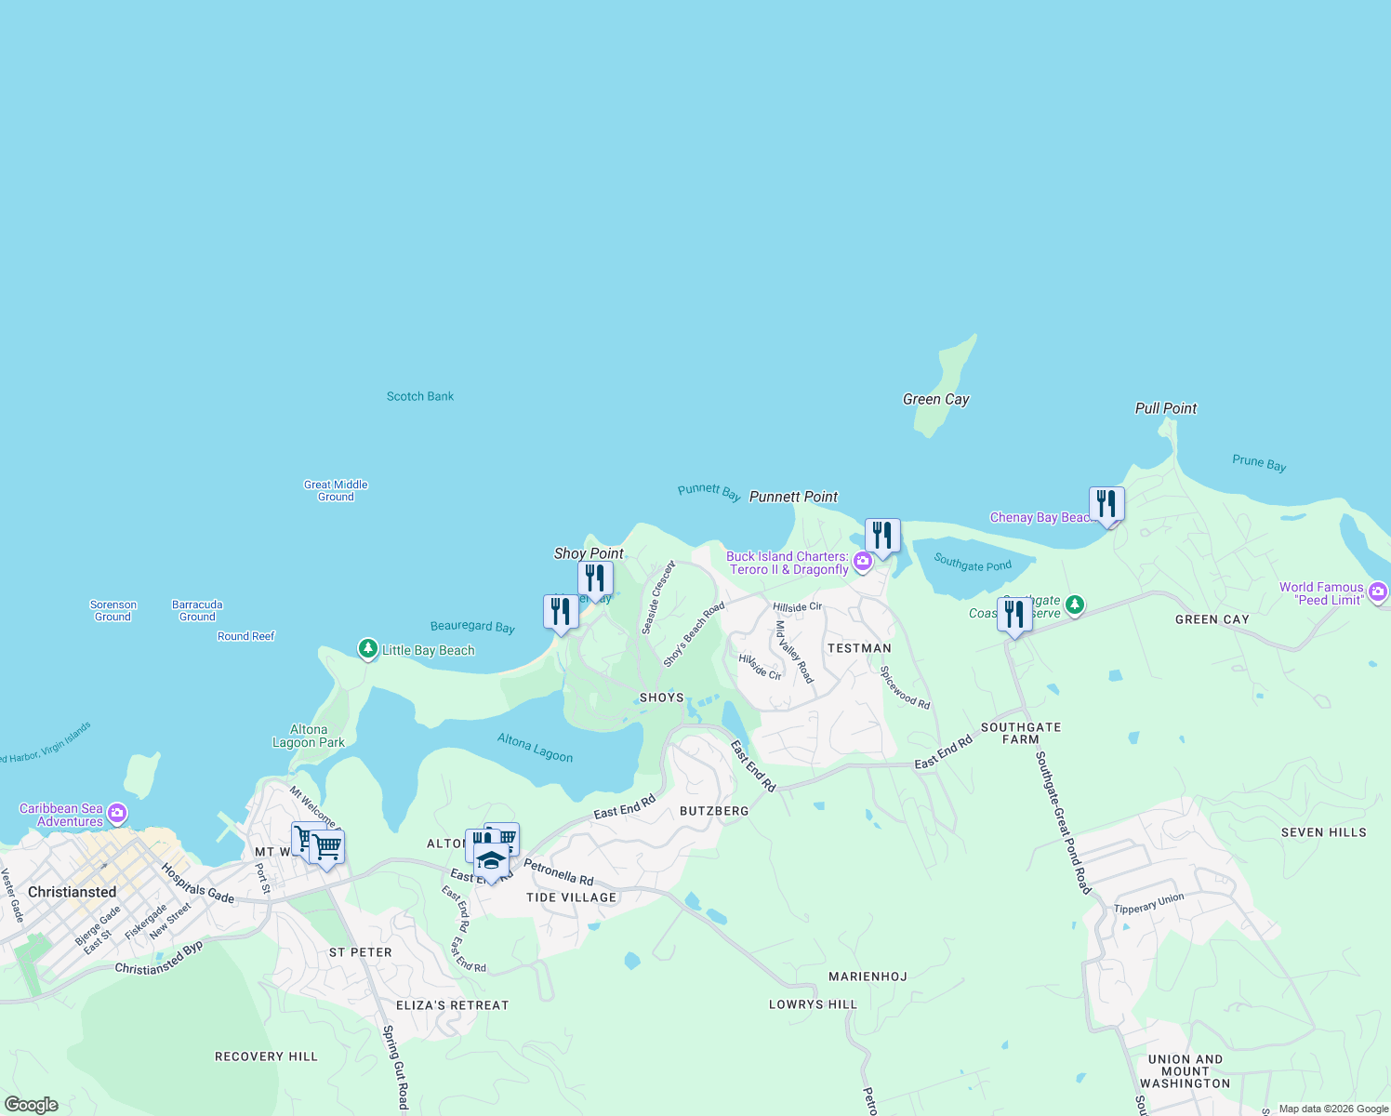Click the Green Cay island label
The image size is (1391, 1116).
(x=935, y=399)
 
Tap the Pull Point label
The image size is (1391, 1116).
(x=1166, y=408)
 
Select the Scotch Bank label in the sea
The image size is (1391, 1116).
(x=420, y=396)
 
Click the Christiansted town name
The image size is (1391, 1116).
(x=73, y=892)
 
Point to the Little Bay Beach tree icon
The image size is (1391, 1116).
(x=368, y=648)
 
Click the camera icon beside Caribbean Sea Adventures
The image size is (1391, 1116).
(x=117, y=815)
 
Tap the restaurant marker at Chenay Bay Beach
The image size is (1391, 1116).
(x=1106, y=505)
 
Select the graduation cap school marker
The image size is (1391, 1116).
(x=491, y=860)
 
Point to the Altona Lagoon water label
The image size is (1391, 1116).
(x=535, y=747)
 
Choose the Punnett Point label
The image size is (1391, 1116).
(x=793, y=497)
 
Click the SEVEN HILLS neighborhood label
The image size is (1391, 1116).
(x=1323, y=832)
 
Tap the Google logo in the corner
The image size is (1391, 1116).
(x=32, y=1104)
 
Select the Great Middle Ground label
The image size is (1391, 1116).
(x=336, y=490)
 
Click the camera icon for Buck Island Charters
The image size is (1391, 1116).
(x=863, y=562)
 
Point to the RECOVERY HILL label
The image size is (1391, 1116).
(x=266, y=1056)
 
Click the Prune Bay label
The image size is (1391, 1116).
(x=1259, y=463)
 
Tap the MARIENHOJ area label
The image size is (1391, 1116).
(x=868, y=976)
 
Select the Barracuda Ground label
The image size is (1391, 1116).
(x=197, y=610)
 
